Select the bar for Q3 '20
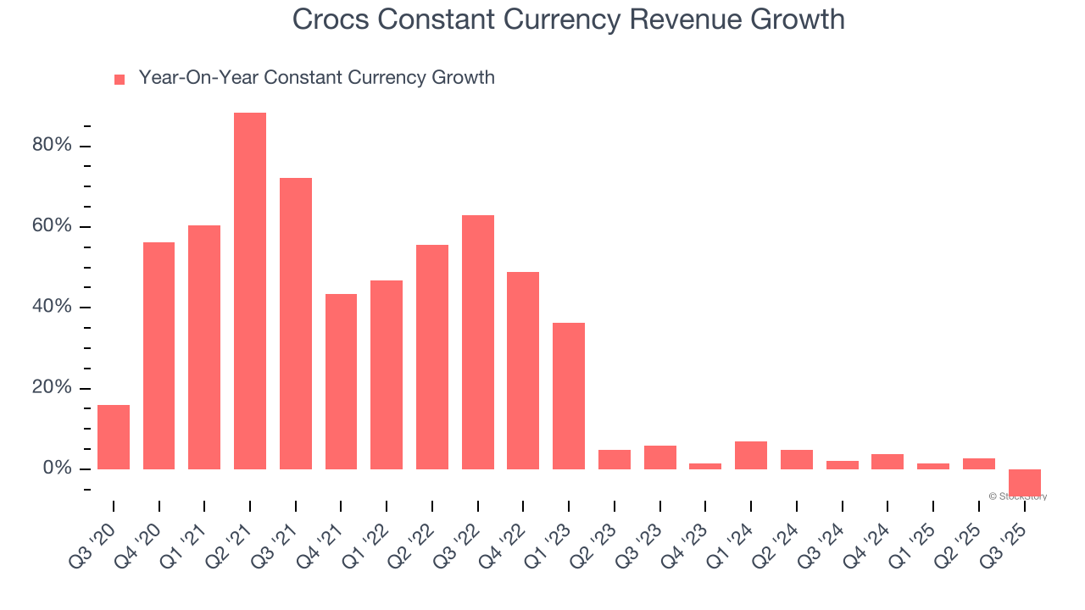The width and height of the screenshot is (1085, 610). coord(114,437)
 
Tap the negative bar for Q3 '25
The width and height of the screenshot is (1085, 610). coord(1024,482)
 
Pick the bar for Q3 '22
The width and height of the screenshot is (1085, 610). coord(478,342)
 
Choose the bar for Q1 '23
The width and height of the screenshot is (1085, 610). coord(569,396)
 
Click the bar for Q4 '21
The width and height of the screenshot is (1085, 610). coord(341,381)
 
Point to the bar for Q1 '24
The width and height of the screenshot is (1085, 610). coord(751,455)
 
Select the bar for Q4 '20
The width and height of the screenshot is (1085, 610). coord(159,356)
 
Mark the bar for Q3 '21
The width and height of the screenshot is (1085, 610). coord(296,324)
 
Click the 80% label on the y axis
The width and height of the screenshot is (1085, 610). coord(52,146)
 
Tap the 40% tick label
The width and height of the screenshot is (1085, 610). coord(52,307)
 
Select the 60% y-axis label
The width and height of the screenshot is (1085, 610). coord(52,226)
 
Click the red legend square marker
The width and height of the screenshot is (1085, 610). coord(120,80)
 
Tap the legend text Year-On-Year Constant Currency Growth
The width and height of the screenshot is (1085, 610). coord(316,78)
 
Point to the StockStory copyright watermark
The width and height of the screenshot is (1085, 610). coord(1017,496)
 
